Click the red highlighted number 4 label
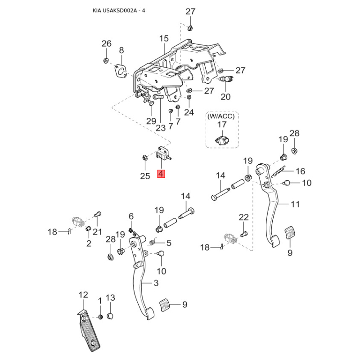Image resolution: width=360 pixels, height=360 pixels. pyautogui.click(x=161, y=174)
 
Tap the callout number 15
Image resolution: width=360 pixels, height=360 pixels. pyautogui.click(x=163, y=39)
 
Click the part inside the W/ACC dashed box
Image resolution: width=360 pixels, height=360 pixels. pyautogui.click(x=222, y=139)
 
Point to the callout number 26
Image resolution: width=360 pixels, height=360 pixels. pyautogui.click(x=106, y=44)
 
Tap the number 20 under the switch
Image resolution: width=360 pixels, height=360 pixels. pyautogui.click(x=225, y=97)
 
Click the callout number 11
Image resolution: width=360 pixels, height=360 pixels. pyautogui.click(x=295, y=204)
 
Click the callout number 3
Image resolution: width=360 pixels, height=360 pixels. pyautogui.click(x=156, y=283)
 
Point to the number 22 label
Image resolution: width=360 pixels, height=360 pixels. pyautogui.click(x=243, y=217)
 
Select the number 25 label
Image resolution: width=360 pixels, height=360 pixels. pyautogui.click(x=145, y=176)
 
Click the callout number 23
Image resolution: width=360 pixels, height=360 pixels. pyautogui.click(x=161, y=127)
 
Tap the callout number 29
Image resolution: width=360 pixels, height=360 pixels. pyautogui.click(x=151, y=121)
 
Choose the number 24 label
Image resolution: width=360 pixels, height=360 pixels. pyautogui.click(x=189, y=112)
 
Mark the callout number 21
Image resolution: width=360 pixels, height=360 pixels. pyautogui.click(x=98, y=231)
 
